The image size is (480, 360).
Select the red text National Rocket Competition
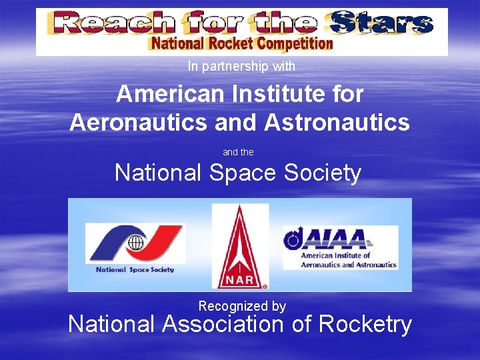[241, 44]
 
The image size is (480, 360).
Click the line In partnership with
[241, 66]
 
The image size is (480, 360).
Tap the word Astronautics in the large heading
[337, 122]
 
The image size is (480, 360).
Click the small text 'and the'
[238, 153]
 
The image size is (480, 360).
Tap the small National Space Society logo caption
[135, 270]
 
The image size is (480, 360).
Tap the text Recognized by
[242, 306]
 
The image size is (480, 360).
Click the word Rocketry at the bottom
[365, 325]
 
